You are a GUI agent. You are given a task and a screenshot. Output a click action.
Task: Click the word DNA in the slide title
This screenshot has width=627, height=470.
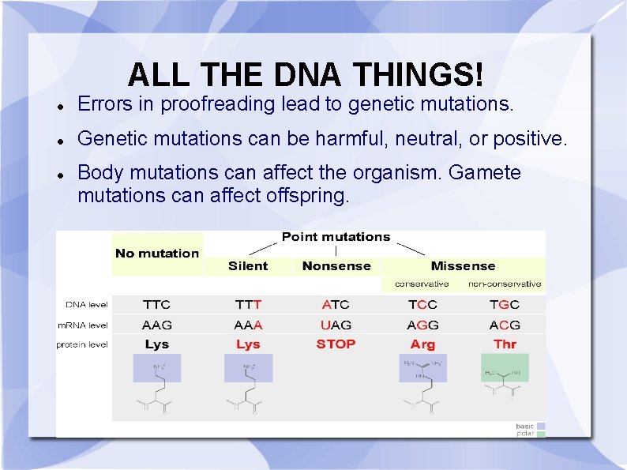click(310, 76)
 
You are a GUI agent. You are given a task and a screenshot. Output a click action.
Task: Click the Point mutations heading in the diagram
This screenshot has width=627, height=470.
click(336, 237)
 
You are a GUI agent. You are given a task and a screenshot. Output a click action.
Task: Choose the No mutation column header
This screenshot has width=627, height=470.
click(157, 254)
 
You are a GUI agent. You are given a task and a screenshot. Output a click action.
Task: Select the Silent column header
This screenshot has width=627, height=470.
click(248, 266)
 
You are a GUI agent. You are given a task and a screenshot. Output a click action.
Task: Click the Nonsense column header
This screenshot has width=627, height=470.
click(336, 266)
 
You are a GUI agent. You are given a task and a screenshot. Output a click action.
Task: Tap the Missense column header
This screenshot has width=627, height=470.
click(463, 266)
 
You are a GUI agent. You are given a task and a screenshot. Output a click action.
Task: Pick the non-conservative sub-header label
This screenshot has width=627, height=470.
click(505, 284)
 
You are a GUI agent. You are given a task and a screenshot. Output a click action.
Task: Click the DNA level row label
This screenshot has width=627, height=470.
click(87, 305)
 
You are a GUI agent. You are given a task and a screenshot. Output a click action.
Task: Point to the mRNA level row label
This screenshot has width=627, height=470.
click(83, 325)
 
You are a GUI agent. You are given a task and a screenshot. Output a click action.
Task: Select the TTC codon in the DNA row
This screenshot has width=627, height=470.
click(156, 304)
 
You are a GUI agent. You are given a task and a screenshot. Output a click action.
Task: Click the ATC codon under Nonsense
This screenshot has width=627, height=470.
click(336, 304)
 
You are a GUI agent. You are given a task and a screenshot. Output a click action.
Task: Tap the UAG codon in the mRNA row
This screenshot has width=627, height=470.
click(336, 325)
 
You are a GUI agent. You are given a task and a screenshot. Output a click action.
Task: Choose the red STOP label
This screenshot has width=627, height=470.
click(336, 344)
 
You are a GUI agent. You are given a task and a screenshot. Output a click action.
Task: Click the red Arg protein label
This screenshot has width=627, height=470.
click(422, 344)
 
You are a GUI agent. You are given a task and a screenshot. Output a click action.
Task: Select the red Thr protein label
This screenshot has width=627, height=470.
click(505, 344)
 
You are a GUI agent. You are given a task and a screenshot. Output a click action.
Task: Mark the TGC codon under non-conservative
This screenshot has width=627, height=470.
click(505, 304)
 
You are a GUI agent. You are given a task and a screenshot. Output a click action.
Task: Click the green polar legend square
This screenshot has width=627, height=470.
click(541, 434)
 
